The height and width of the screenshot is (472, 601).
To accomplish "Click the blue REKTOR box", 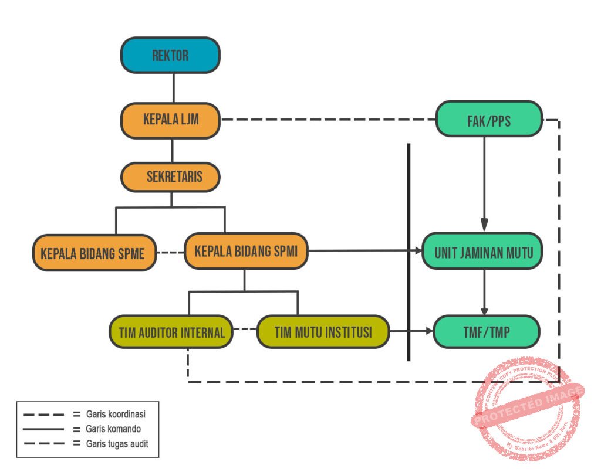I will (170, 55).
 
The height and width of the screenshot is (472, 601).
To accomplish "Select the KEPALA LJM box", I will (170, 120).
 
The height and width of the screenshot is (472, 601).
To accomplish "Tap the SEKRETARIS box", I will (170, 177).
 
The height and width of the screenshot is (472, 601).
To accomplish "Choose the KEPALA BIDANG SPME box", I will (94, 253).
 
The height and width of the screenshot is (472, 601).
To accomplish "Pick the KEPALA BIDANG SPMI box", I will (246, 252).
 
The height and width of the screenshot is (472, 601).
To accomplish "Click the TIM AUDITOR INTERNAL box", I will (171, 332).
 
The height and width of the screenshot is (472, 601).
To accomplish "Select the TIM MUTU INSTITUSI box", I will (323, 332).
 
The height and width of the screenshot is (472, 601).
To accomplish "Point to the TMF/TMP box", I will (485, 332).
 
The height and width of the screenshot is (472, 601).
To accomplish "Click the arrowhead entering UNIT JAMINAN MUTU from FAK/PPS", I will (484, 225).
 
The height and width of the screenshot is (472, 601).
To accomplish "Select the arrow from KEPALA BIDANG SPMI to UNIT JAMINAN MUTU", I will (364, 251).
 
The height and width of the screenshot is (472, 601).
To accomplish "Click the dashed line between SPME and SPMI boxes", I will (171, 253).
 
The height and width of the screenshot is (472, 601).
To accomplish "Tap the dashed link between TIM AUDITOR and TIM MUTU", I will (245, 329).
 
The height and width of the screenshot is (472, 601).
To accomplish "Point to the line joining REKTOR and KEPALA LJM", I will (173, 88).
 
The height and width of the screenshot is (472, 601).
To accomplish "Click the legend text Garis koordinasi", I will (114, 414).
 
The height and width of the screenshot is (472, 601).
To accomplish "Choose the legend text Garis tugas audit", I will (116, 444).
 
